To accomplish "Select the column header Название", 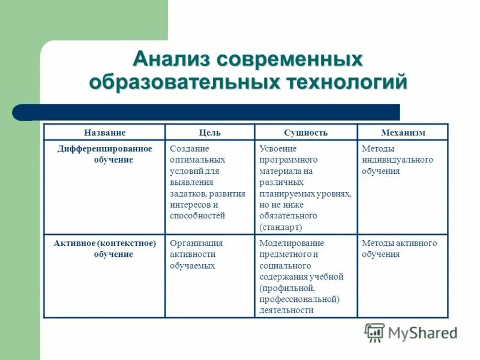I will pos(104,133).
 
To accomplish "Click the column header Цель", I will pos(209,133).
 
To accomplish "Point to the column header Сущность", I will pos(305,133).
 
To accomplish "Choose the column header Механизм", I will pos(403,133).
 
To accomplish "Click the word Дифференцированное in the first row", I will pos(104,148).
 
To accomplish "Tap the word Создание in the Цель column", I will pos(189,148).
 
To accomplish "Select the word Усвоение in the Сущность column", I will pos(278,148).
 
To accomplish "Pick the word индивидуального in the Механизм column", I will pos(397,160).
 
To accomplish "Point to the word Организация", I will pos(196,243).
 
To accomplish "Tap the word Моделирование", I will pos(292,243).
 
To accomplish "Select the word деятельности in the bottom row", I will pos(286,310).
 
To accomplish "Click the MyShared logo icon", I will pos(374,332).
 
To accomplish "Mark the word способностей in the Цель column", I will pos(197,215).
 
